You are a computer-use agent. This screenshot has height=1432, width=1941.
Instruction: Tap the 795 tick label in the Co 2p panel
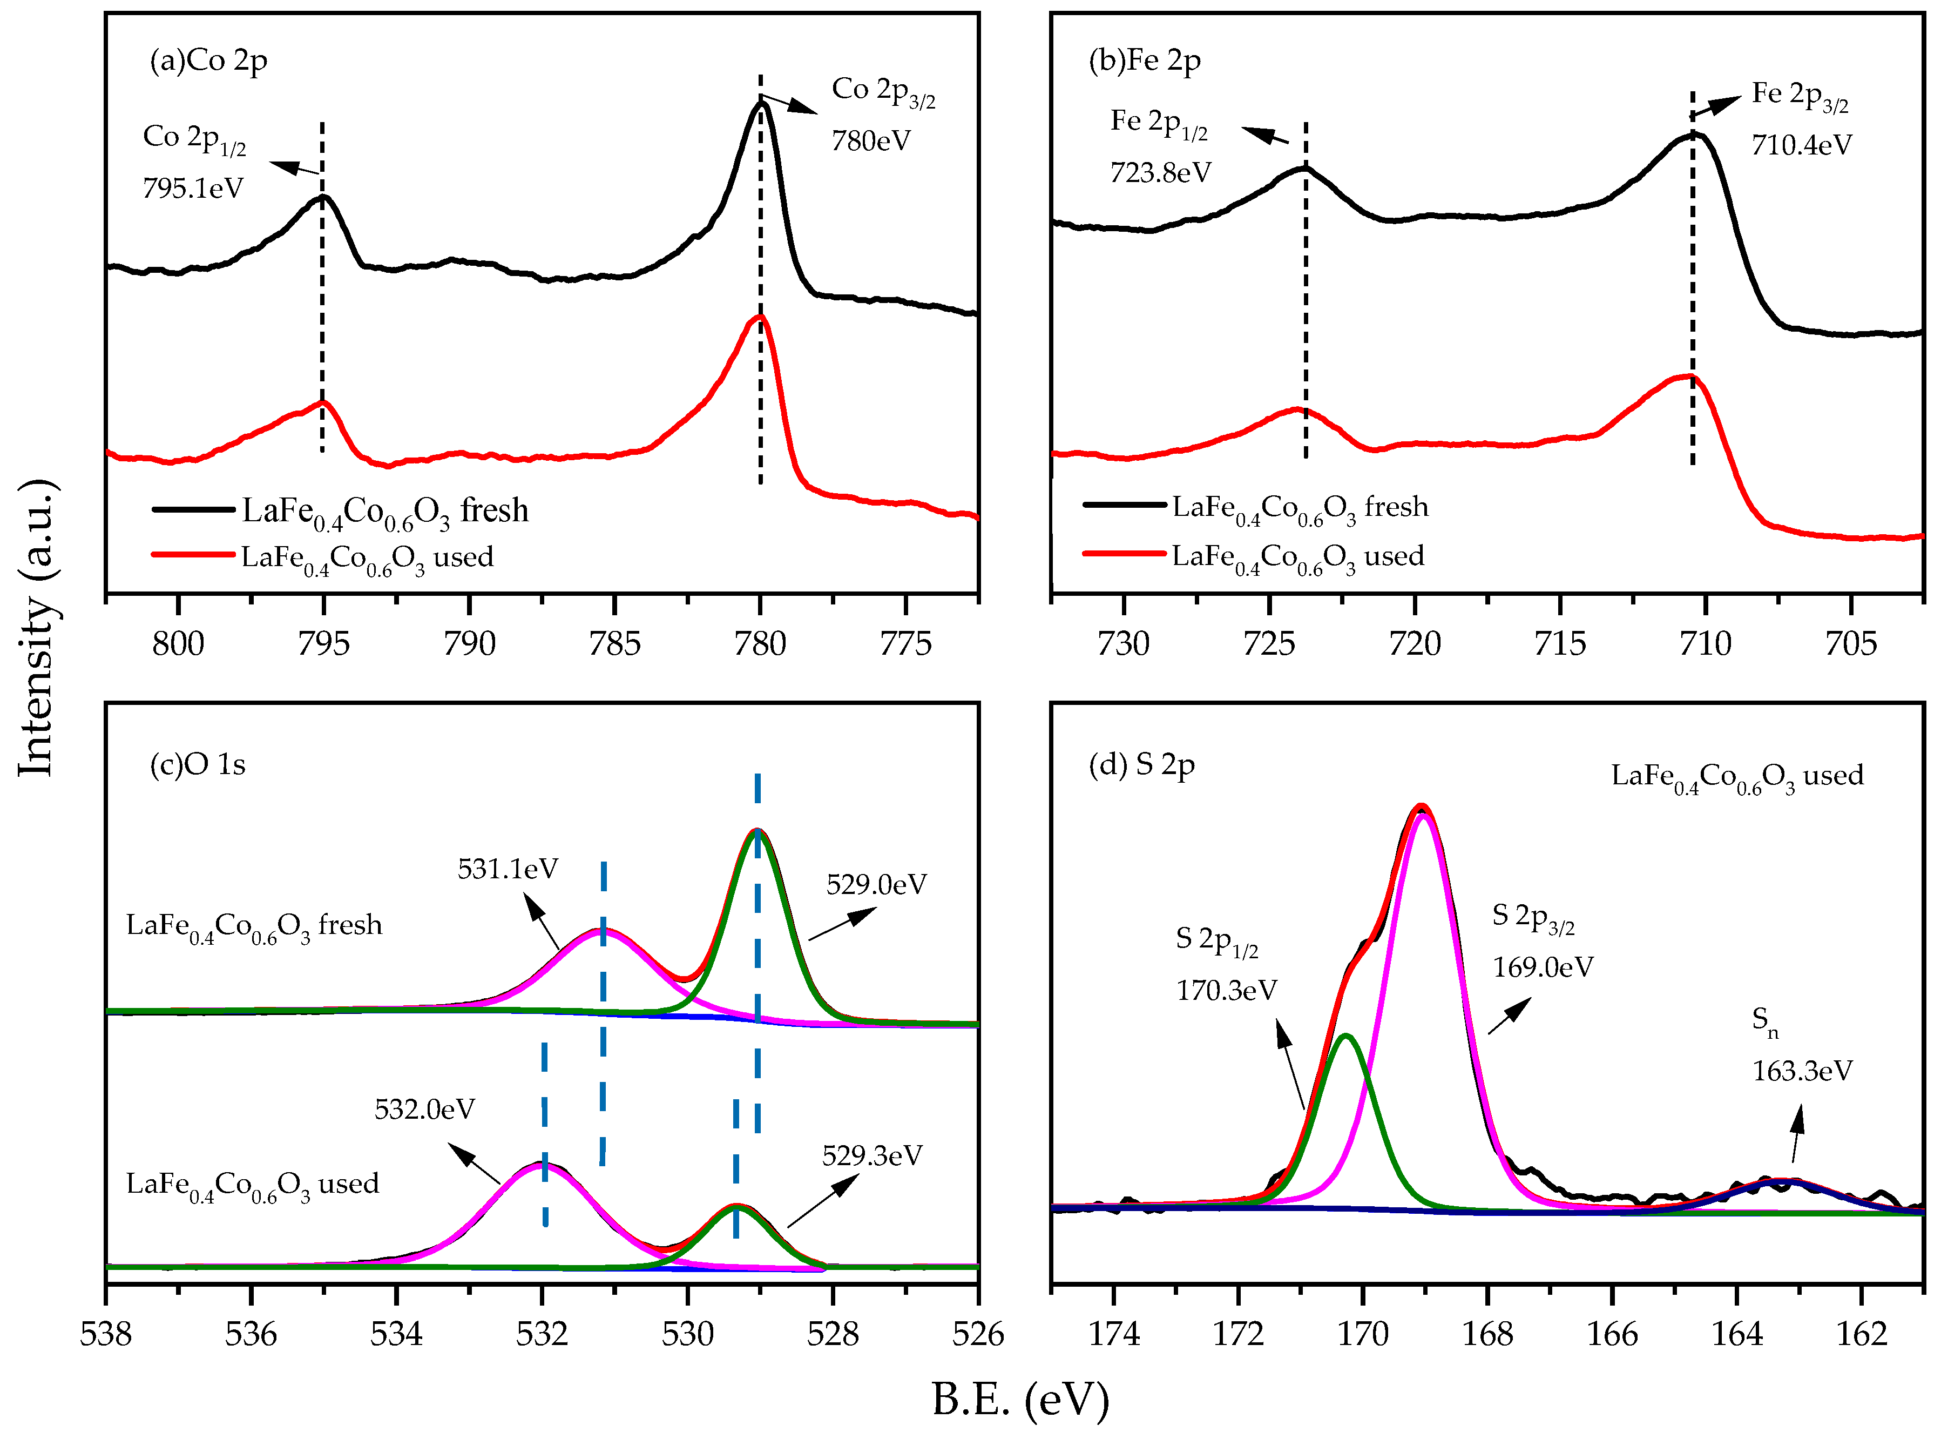click(x=323, y=643)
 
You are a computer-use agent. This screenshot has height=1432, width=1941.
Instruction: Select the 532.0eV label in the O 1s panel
click(x=424, y=1110)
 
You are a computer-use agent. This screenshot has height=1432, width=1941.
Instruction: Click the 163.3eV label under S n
click(x=1802, y=1071)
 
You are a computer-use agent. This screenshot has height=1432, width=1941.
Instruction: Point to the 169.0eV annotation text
click(x=1543, y=967)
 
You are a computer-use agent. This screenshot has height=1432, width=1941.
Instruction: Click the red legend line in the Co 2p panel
click(x=192, y=554)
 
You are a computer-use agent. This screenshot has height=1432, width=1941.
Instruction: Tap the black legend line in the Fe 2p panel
click(x=1124, y=505)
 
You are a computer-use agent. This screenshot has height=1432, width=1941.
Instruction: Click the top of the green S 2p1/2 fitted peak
click(x=1345, y=1036)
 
